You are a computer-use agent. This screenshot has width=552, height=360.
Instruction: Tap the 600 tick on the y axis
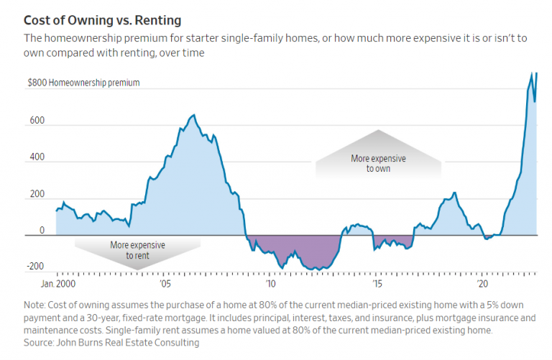click(36, 121)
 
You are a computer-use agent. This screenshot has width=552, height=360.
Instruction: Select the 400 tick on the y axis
click(36, 157)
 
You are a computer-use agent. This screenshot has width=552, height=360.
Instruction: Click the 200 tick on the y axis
click(36, 194)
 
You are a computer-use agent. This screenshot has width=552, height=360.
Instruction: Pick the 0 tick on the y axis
click(42, 231)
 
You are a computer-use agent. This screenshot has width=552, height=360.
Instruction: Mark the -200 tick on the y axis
click(34, 267)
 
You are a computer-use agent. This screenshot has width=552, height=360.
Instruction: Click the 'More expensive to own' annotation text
click(378, 163)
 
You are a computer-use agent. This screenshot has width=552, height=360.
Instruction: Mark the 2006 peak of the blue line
click(193, 115)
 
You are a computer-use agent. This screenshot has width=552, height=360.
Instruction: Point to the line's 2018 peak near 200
click(454, 193)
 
